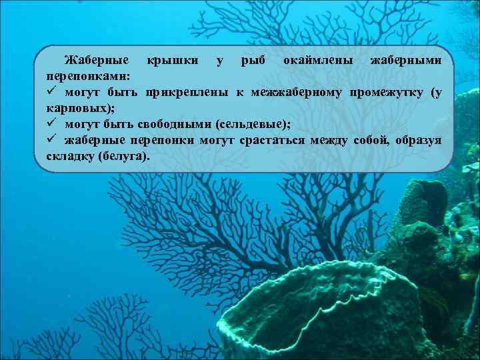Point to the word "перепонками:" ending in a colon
point(88,77)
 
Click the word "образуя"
point(417,140)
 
